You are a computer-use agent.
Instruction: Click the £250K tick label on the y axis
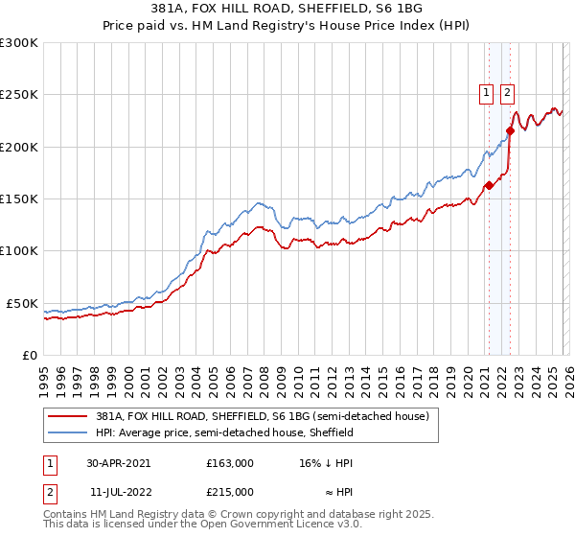[x=19, y=95]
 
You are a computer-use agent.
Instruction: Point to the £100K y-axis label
[x=19, y=250]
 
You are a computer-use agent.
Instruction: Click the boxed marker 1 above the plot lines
[x=487, y=93]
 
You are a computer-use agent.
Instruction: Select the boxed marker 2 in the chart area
[x=507, y=93]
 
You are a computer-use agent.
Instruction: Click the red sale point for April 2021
[x=488, y=186]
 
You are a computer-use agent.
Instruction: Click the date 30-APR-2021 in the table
[x=118, y=463]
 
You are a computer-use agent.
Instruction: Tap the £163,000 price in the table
[x=230, y=463]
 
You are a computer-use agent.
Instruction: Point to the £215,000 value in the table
[x=230, y=492]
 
